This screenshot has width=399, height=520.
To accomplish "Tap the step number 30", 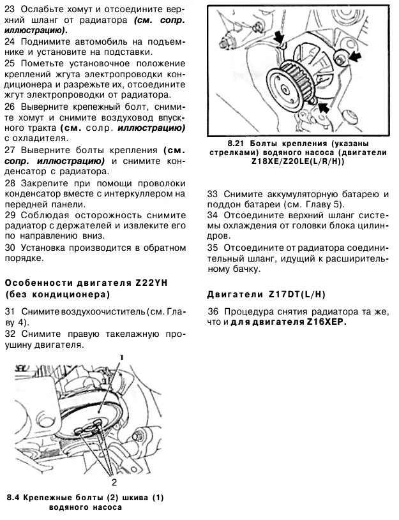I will [x=10, y=247].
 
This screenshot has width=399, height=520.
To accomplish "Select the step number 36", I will [x=214, y=311].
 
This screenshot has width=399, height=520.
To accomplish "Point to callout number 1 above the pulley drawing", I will [x=121, y=357].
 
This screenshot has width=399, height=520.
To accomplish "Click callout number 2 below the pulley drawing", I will [x=114, y=482].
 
